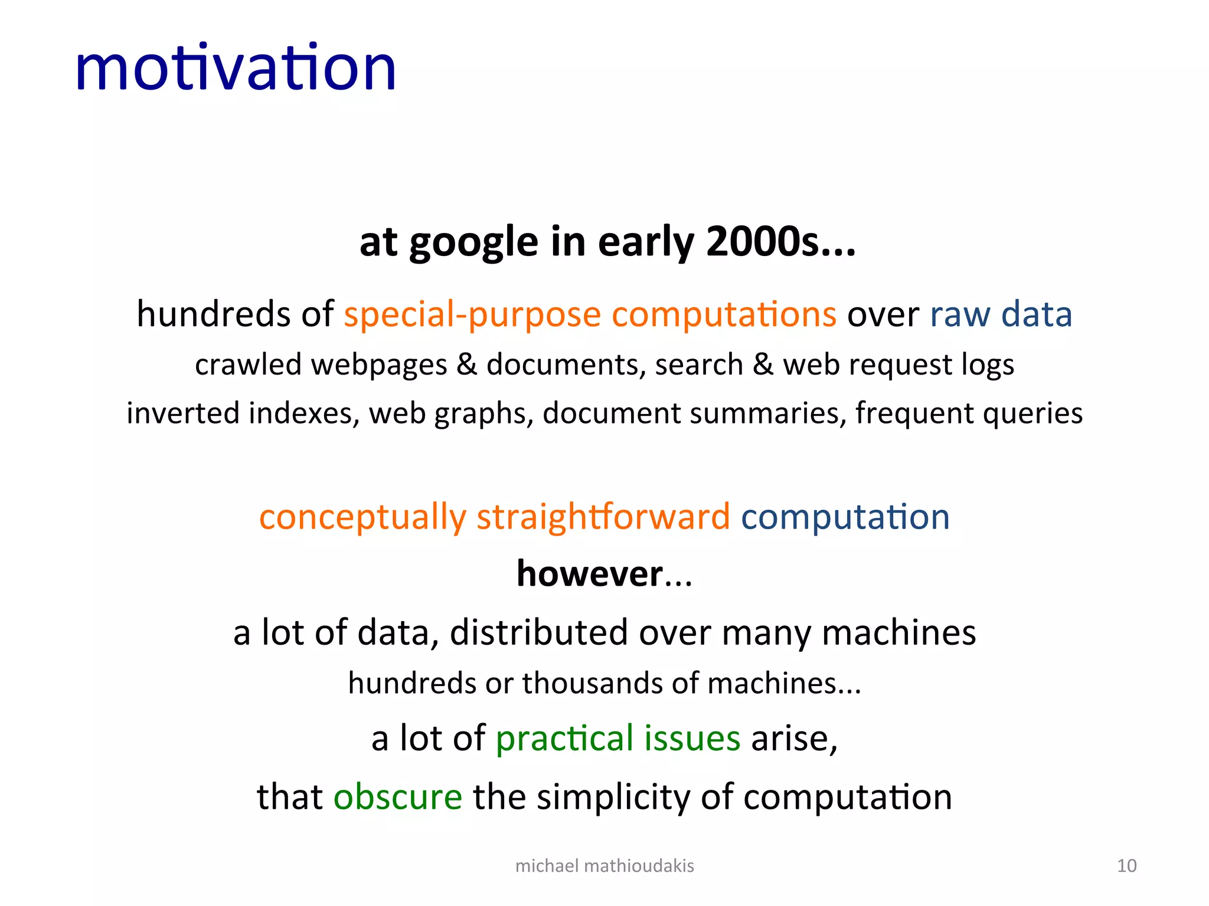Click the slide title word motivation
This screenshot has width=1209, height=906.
[x=236, y=68]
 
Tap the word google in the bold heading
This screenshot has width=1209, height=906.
[x=473, y=243]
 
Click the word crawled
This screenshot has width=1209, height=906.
[x=248, y=365]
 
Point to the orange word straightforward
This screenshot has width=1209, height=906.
[x=603, y=517]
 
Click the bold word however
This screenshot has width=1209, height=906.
[x=590, y=574]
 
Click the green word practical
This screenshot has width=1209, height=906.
[x=564, y=738]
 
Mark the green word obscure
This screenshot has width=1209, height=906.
[x=397, y=797]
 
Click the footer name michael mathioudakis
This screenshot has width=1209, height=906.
[x=604, y=866]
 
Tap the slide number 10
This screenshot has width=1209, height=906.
[x=1126, y=866]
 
